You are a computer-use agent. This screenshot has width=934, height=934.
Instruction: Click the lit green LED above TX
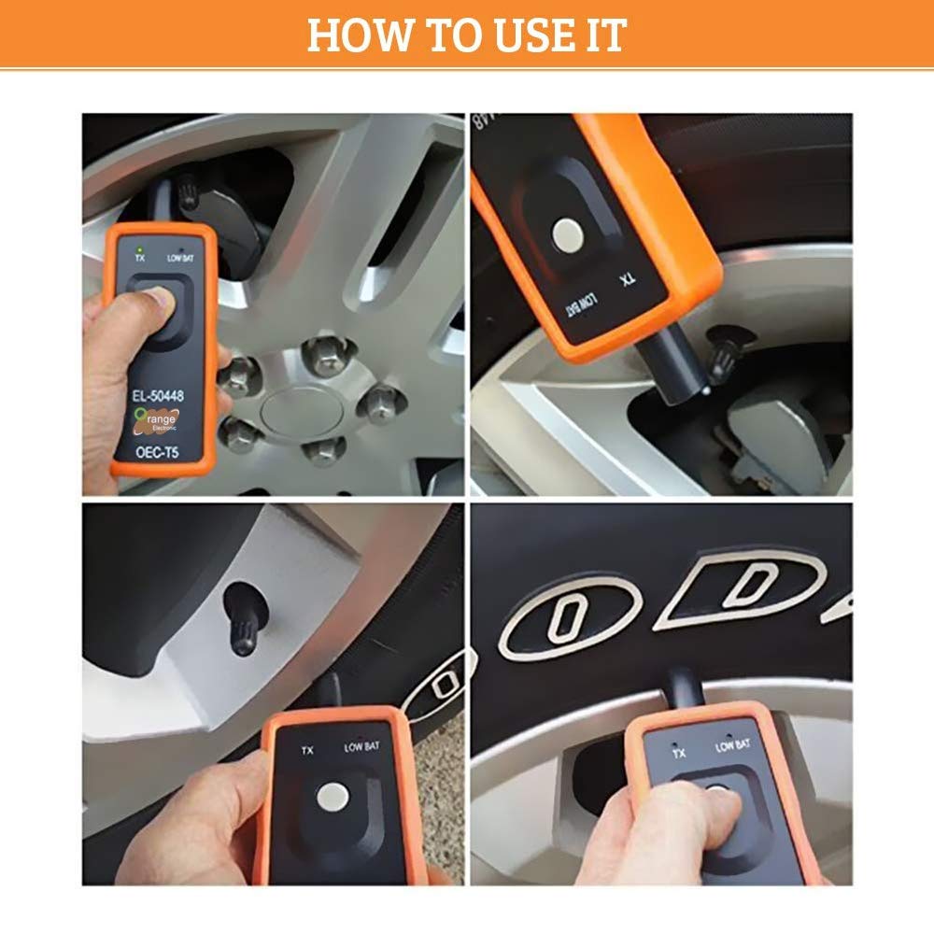pos(139,248)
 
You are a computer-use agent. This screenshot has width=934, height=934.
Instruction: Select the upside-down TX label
pos(631,281)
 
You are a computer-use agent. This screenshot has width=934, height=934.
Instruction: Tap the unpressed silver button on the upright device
pos(333,798)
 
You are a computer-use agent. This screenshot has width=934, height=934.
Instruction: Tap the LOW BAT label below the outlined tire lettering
pos(733,745)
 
